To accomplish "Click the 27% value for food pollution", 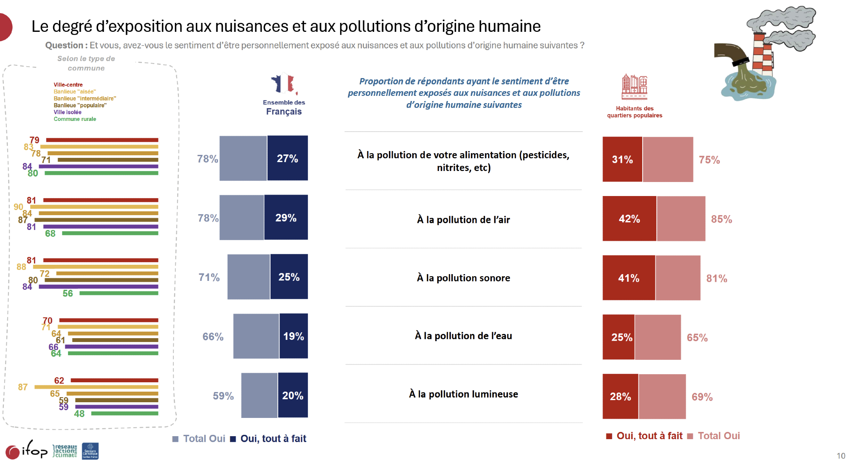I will coord(288,159).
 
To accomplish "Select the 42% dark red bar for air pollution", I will coord(629,219).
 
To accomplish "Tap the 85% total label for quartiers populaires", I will coord(721,219).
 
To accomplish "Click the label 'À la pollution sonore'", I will coord(463,278).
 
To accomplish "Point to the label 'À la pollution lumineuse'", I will coord(463,394).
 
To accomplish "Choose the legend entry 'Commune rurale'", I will coord(75,119).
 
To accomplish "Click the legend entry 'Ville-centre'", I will coord(68,85).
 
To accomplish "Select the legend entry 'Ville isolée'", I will coord(68,112).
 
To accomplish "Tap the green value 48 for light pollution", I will coord(79,414).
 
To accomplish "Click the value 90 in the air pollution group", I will coord(18,207).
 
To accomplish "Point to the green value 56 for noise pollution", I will coord(68,294).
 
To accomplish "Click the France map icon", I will coord(284,84).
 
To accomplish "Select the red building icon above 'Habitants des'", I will coord(634,87).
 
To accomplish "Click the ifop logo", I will coord(26,450).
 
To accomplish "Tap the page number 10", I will coord(841,456).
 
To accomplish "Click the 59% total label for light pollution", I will coord(223,396).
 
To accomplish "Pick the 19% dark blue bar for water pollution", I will coord(293,336).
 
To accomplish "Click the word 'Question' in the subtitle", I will coord(64,45).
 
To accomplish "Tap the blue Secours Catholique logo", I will coord(90,451).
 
